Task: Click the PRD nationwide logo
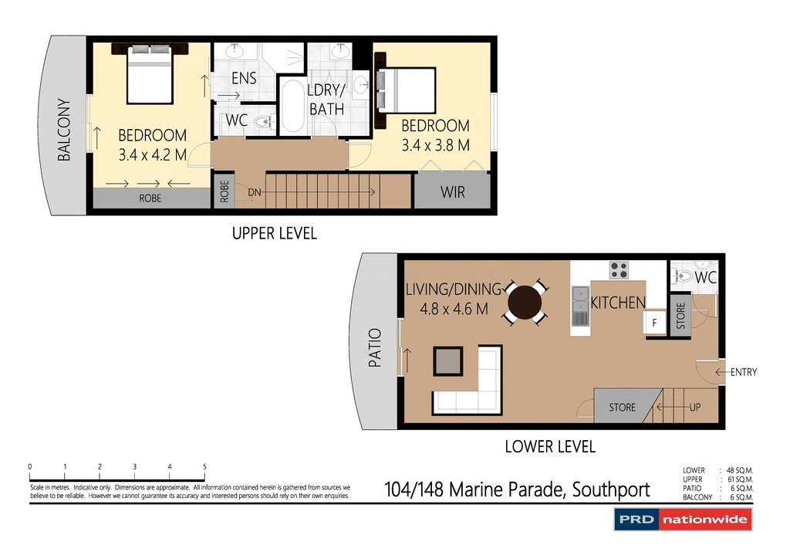(683, 520)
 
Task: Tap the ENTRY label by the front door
(743, 372)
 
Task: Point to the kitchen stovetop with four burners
(619, 270)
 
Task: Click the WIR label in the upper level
(453, 192)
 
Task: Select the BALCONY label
(64, 130)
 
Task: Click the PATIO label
(375, 347)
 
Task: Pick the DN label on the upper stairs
(255, 191)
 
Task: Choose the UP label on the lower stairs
(694, 407)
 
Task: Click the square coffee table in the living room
(448, 361)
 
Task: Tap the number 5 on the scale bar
(204, 467)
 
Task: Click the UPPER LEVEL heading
(275, 233)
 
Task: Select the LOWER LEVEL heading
(550, 446)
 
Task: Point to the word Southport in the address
(609, 490)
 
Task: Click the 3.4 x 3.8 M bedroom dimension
(435, 145)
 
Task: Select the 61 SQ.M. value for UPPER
(739, 479)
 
